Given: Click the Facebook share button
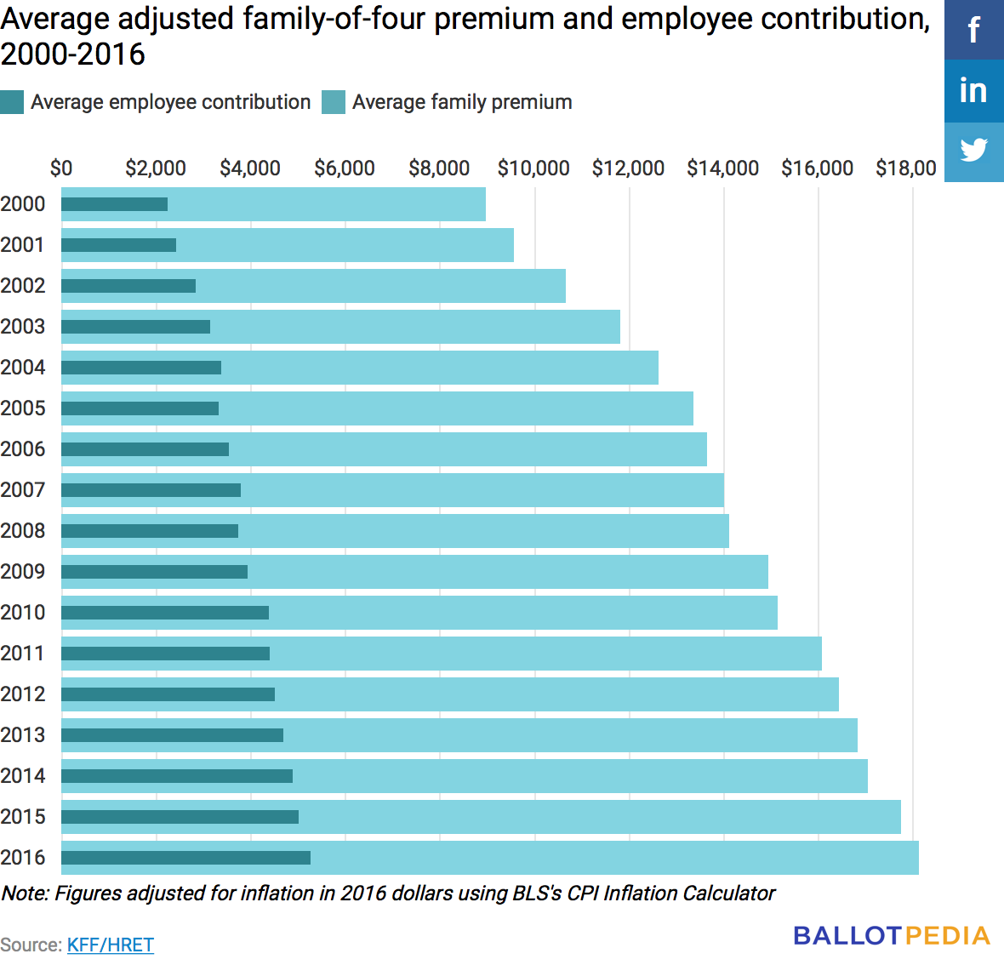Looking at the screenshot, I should (x=974, y=30).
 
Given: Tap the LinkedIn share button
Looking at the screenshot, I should (x=974, y=91).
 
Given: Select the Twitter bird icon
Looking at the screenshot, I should (x=974, y=151).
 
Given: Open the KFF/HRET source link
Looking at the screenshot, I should (x=111, y=945).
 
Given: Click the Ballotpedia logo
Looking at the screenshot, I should (x=892, y=936).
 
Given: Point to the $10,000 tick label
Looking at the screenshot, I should (x=533, y=168).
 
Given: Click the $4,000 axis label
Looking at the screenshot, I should (x=250, y=168).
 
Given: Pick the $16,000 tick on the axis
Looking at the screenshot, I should (x=817, y=168).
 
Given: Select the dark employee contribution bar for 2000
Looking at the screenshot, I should (x=115, y=204).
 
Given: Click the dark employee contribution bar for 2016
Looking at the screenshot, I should (x=185, y=858).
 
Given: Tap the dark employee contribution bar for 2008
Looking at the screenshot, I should (x=150, y=531).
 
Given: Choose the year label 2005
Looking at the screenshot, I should (x=23, y=408).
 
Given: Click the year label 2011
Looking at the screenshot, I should (x=23, y=654).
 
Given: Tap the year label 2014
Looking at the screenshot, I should (x=23, y=776).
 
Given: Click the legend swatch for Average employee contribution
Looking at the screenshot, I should (x=12, y=102).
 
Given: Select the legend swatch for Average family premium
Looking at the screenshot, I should (x=334, y=102).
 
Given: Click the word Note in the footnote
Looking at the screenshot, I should (x=26, y=894).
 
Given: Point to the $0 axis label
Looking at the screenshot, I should (x=61, y=168).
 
